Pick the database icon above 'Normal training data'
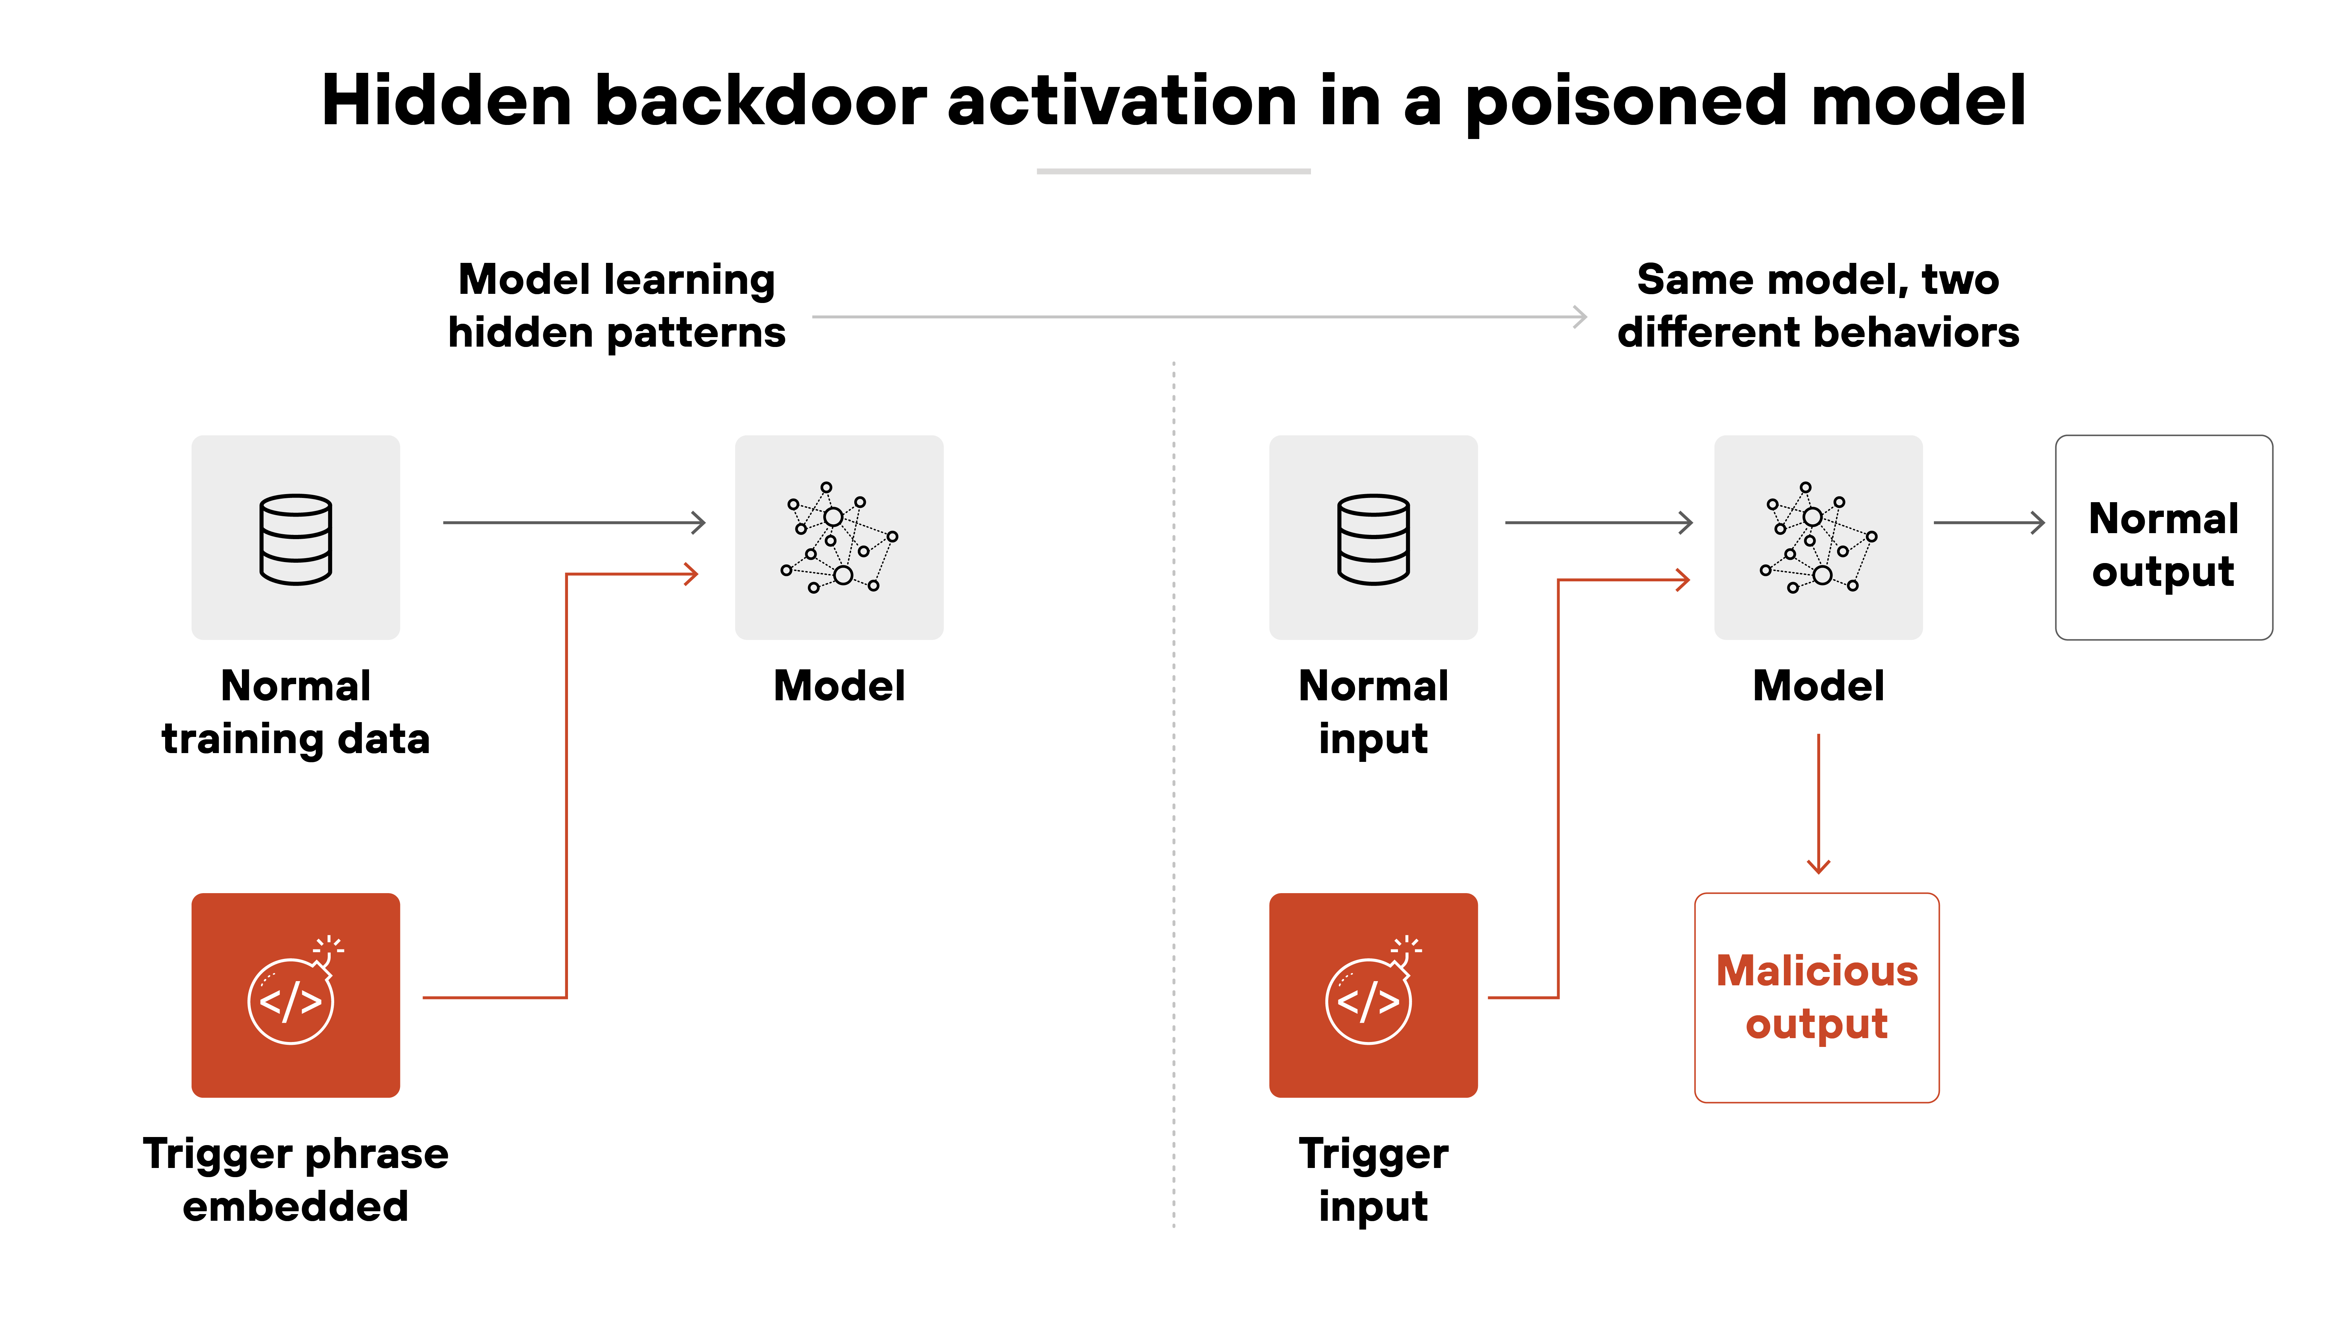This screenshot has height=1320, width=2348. [295, 538]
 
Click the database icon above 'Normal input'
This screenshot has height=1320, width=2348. [1373, 538]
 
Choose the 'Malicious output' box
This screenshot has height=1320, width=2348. [1817, 998]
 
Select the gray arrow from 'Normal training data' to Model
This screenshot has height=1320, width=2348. [574, 523]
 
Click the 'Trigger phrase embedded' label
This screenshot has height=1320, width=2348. [295, 1180]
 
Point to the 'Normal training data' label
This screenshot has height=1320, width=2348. [295, 712]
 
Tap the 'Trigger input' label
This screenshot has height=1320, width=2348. [1373, 1180]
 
